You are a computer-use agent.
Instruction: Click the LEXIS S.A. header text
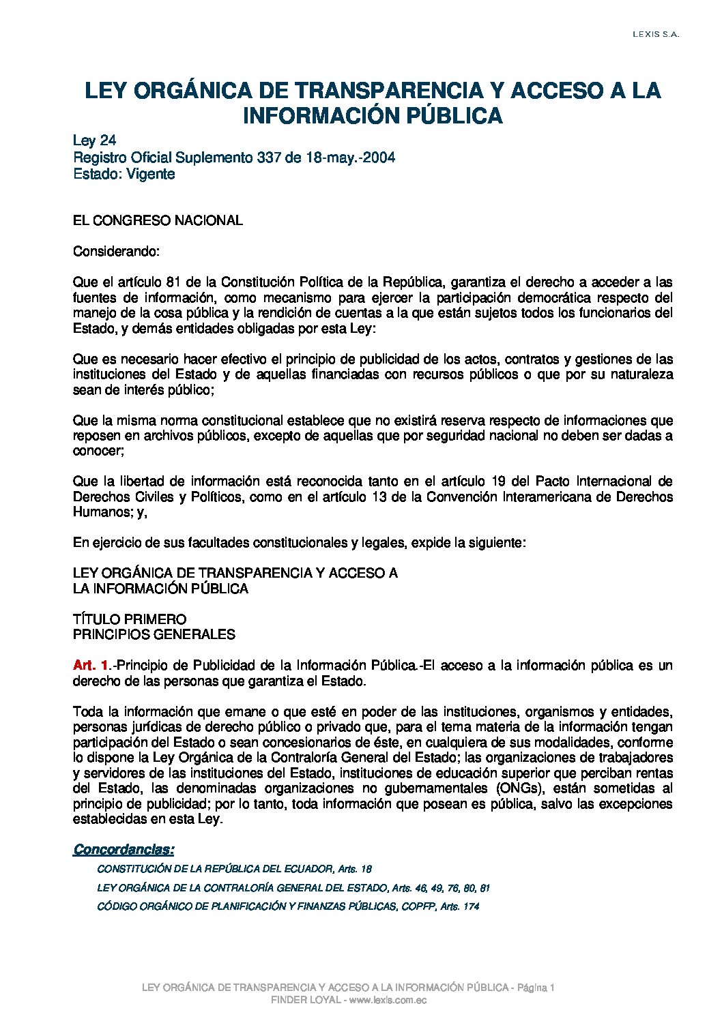[655, 35]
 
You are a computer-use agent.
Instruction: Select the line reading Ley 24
[95, 140]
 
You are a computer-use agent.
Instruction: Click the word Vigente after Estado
[151, 174]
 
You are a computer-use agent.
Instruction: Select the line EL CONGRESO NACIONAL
[158, 220]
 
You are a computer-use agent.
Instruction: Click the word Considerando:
[116, 251]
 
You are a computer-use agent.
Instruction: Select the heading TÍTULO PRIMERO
[130, 619]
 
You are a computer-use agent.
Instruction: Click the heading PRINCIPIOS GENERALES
[154, 634]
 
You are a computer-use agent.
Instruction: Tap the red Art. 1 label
[91, 665]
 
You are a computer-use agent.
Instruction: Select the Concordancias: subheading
[124, 849]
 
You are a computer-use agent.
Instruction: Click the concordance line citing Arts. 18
[234, 869]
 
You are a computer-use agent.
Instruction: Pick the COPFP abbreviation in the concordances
[418, 906]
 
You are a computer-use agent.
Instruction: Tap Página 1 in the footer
[536, 988]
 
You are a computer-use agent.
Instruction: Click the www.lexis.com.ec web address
[388, 1000]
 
